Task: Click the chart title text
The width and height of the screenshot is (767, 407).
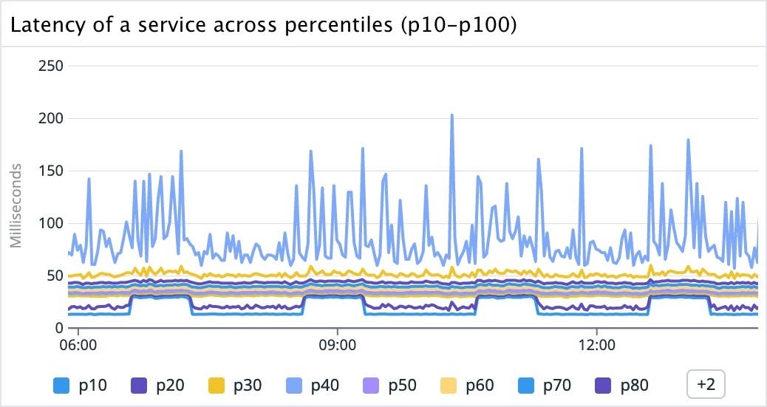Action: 262,25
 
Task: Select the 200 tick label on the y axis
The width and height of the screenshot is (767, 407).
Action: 50,118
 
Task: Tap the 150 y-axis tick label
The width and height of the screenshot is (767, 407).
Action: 50,171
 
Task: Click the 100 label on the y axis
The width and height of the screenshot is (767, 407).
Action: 50,223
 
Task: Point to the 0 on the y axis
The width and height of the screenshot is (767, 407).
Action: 58,328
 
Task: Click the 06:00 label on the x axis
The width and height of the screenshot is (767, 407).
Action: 78,345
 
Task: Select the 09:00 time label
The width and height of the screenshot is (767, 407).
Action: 337,345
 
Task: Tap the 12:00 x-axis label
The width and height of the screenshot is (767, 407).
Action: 596,345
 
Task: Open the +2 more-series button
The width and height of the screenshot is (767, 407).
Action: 706,384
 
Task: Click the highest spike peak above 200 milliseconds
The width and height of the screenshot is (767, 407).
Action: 451,115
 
